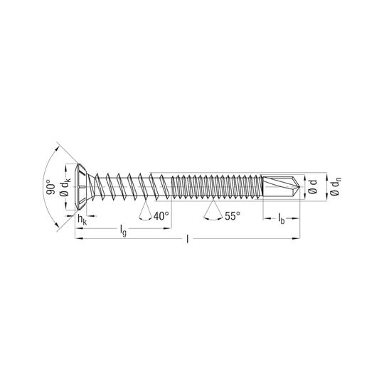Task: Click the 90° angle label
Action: (50, 187)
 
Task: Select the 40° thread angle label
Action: (161, 216)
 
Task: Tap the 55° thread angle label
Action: (233, 216)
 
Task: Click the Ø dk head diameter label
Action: (65, 186)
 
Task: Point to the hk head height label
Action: (82, 220)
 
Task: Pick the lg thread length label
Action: (123, 230)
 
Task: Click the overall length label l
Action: (188, 239)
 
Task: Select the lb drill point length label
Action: (282, 219)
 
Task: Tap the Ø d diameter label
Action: (313, 186)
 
